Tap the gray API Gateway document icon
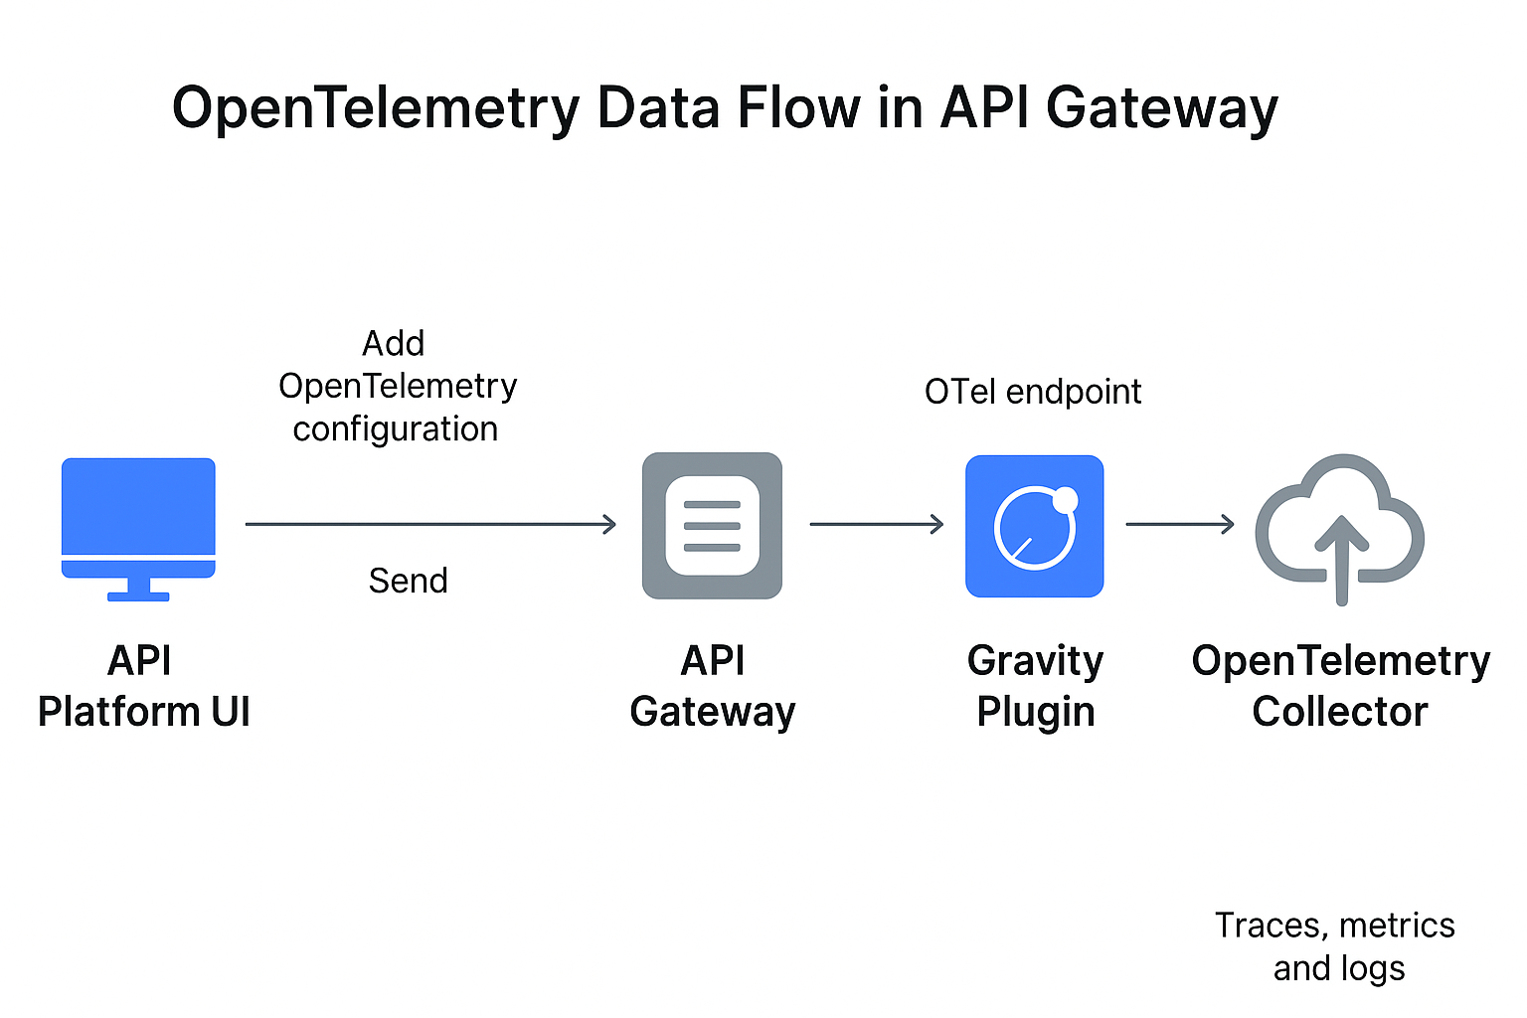(712, 526)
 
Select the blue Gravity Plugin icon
(1034, 526)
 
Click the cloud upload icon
(1339, 522)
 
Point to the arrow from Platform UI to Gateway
(430, 524)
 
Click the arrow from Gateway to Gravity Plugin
(876, 524)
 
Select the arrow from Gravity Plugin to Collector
(1179, 524)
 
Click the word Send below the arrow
(408, 581)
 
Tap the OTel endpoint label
(1033, 392)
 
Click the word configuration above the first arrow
(396, 429)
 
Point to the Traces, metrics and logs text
(1335, 946)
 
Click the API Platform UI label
(142, 686)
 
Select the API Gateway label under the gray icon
(712, 686)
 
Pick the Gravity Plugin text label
(1035, 686)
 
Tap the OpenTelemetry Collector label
(1340, 686)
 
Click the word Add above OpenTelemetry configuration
(393, 344)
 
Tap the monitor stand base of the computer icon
(138, 596)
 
